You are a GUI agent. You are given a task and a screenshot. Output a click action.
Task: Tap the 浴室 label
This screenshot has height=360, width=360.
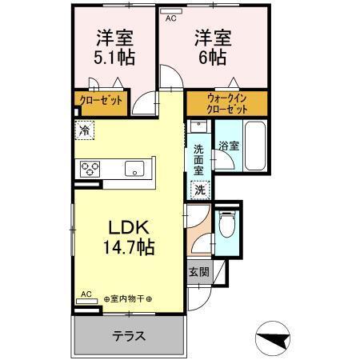click(229, 146)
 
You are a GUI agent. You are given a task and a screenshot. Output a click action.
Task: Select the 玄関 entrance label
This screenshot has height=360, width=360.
click(198, 272)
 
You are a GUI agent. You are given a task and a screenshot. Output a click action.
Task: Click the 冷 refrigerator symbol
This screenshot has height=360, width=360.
click(85, 127)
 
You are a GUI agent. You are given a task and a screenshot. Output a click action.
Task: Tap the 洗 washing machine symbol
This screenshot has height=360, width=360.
click(200, 190)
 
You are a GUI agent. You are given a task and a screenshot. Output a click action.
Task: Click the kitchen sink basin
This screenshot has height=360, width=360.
click(133, 168)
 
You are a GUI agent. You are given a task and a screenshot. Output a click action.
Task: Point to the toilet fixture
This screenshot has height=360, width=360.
click(226, 225)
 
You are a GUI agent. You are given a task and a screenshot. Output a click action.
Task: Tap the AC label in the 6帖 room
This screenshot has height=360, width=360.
click(170, 15)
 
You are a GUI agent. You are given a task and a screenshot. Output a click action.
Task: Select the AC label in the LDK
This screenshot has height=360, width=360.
click(86, 294)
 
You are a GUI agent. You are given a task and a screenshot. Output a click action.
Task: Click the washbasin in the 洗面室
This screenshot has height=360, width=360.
click(199, 127)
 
